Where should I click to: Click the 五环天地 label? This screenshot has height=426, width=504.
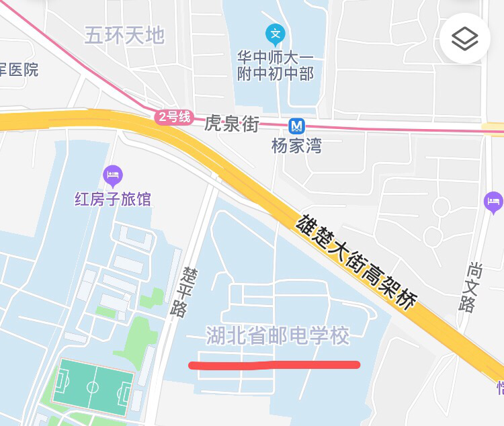124,35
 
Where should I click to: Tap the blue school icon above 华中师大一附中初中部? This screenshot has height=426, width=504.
275,33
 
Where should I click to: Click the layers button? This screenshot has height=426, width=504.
465,39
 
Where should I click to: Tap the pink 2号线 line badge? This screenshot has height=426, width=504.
174,117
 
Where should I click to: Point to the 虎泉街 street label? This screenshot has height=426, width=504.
232,124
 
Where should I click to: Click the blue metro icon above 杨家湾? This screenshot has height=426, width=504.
296,126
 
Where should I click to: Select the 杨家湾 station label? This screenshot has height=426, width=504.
296,145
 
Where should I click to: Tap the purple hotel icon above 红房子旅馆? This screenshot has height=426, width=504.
113,176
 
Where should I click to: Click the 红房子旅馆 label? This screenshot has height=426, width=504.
113,199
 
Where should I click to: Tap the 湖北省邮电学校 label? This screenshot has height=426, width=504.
278,335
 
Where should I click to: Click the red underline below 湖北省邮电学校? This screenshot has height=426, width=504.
274,365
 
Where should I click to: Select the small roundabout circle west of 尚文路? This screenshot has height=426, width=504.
440,206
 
